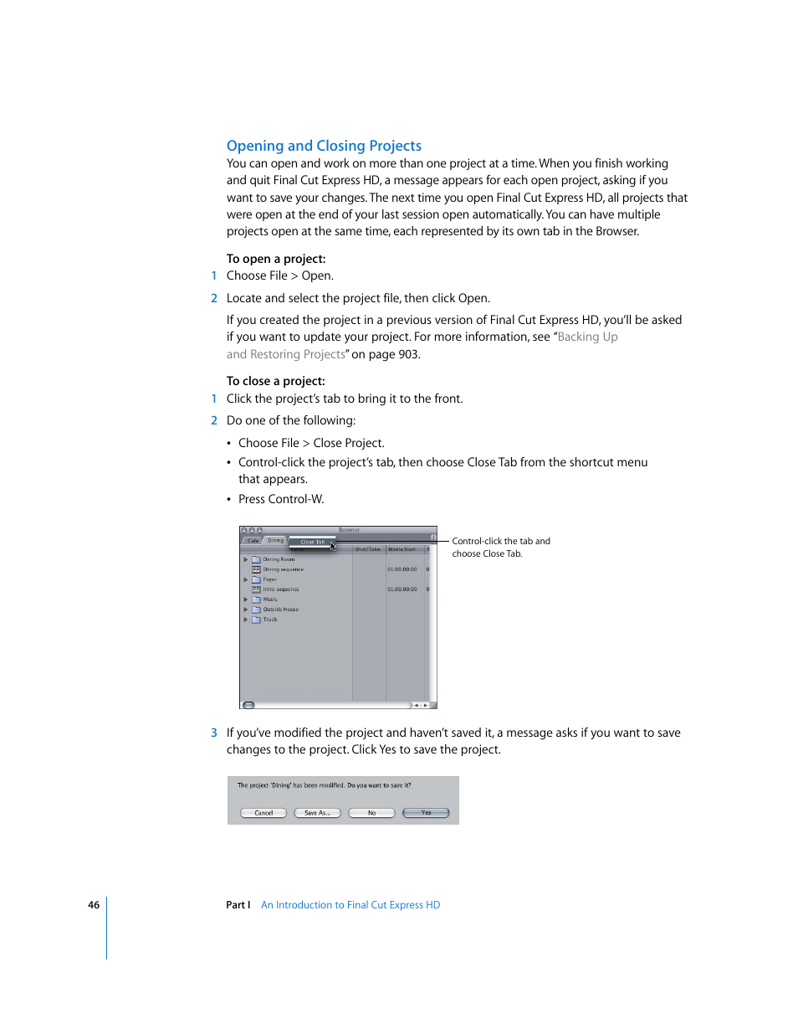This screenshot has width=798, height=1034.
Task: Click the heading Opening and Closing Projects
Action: [324, 146]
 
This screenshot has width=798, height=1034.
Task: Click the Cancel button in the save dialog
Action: [263, 813]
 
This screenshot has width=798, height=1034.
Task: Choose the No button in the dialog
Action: [371, 813]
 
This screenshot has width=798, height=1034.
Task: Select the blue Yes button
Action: [426, 813]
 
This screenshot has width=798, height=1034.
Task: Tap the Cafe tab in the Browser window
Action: [253, 541]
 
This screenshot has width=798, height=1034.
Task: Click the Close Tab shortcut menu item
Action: [312, 542]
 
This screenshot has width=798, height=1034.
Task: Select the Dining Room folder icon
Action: [257, 559]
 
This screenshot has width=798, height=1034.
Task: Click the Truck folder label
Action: [270, 620]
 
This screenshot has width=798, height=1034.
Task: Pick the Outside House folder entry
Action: [280, 610]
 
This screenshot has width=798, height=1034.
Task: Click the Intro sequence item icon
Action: [257, 589]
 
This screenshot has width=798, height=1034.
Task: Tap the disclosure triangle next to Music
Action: [246, 599]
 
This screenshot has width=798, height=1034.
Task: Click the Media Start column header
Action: [402, 549]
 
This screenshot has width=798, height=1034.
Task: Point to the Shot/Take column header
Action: [367, 549]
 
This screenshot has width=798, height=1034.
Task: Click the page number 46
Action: [94, 905]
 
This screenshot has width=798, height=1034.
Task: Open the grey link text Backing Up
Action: [587, 337]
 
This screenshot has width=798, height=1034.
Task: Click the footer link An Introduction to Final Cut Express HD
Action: [350, 905]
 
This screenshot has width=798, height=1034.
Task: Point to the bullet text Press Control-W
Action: [281, 499]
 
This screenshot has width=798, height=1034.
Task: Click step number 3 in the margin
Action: [214, 733]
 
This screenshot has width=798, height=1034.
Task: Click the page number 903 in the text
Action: [408, 354]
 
